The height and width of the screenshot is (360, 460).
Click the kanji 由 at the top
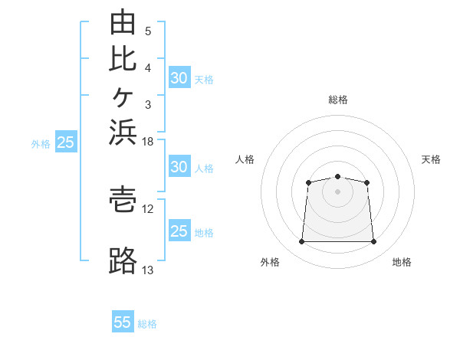tap(123, 21)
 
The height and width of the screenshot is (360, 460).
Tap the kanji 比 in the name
tap(123, 60)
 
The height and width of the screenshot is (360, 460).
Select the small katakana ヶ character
tap(123, 97)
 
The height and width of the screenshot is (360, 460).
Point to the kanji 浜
tap(123, 133)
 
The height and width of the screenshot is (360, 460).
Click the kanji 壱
tap(123, 200)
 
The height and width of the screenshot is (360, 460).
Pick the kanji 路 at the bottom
tap(123, 260)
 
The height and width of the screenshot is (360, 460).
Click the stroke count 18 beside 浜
tap(147, 142)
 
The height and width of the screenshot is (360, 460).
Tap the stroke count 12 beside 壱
tap(147, 209)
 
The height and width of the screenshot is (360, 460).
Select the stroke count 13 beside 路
tap(147, 270)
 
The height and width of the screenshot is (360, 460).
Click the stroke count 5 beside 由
tap(148, 31)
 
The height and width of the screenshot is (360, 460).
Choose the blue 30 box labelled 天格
tap(179, 77)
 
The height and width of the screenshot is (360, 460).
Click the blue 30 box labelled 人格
tap(179, 166)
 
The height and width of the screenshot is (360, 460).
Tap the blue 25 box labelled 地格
tap(179, 230)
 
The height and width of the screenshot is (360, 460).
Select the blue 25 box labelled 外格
tap(66, 141)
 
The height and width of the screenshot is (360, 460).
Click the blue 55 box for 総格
tap(123, 321)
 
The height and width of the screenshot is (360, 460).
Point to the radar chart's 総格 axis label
tap(338, 100)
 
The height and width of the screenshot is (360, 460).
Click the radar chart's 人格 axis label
tap(245, 159)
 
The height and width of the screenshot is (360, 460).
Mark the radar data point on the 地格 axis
tap(373, 241)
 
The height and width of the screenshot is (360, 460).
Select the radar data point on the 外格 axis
tap(301, 241)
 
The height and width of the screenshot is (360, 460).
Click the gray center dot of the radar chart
tap(337, 191)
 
